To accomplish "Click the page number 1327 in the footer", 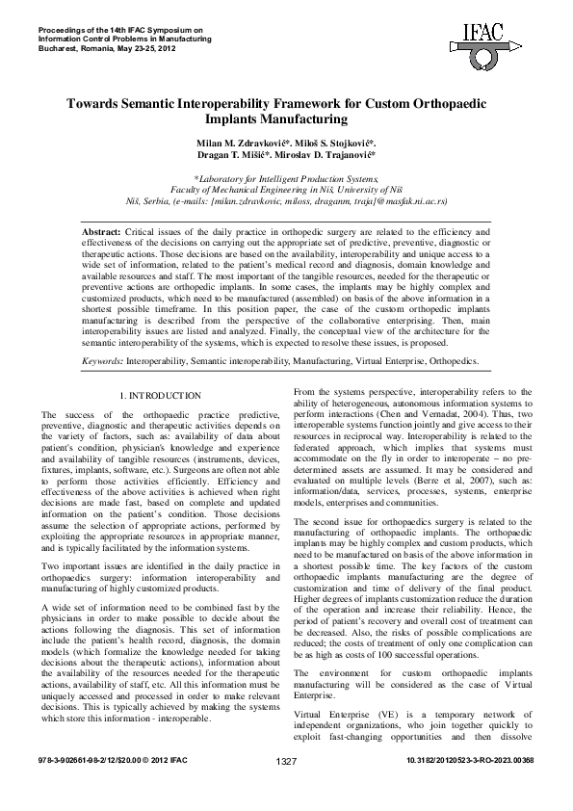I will tap(286, 788).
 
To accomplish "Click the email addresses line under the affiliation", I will tap(286, 203).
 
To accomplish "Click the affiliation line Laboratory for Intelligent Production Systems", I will tap(287, 179).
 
